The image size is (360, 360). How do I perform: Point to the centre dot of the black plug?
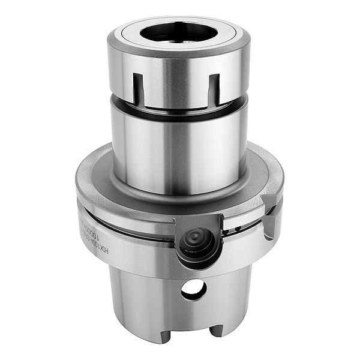pyautogui.click(x=195, y=239)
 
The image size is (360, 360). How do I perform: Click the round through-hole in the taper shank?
pyautogui.click(x=193, y=290)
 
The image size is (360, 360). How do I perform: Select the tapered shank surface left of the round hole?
pyautogui.click(x=144, y=294)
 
